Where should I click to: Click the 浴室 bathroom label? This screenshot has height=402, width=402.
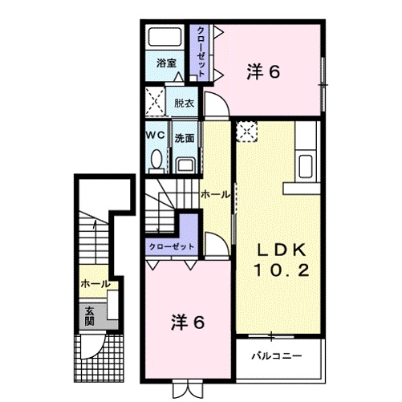166,61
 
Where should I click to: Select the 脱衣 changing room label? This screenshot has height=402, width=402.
184,104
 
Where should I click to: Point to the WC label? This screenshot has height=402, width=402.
155,136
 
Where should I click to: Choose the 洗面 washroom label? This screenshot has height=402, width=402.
185,137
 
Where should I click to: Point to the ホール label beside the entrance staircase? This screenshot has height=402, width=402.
95,284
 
